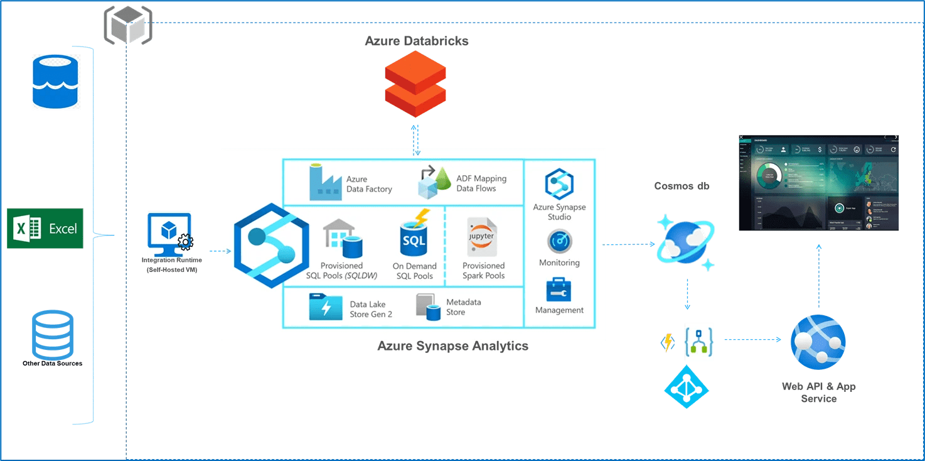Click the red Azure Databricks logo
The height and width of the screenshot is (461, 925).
pyautogui.click(x=415, y=84)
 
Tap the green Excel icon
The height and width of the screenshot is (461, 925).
pyautogui.click(x=45, y=228)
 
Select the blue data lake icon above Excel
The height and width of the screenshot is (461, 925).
pyautogui.click(x=56, y=82)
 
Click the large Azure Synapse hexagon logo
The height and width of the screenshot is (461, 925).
pyautogui.click(x=271, y=246)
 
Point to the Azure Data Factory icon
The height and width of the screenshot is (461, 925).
pyautogui.click(x=325, y=182)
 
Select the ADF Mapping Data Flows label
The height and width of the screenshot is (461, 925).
pyautogui.click(x=481, y=183)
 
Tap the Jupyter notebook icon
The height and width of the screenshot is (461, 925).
pyautogui.click(x=481, y=237)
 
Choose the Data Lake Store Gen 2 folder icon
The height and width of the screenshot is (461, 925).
pyautogui.click(x=326, y=307)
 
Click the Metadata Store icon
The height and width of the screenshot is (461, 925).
pyautogui.click(x=429, y=306)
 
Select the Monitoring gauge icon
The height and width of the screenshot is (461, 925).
pyautogui.click(x=559, y=242)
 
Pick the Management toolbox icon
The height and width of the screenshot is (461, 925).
pyautogui.click(x=559, y=290)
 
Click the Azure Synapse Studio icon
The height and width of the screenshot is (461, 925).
pyautogui.click(x=559, y=185)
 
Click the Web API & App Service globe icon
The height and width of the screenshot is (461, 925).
pyautogui.click(x=818, y=342)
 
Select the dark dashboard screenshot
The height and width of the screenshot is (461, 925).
pyautogui.click(x=818, y=182)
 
